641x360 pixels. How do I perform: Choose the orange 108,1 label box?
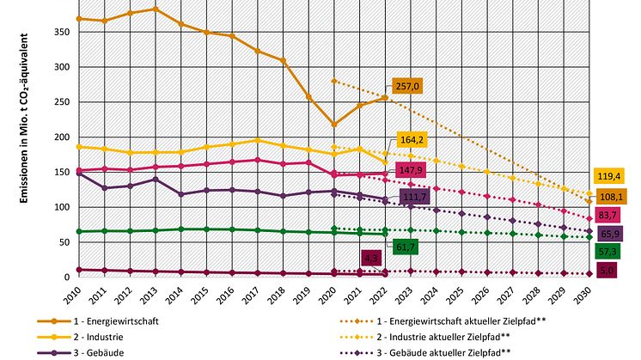[x=611, y=196]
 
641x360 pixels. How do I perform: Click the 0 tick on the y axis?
[x=66, y=278]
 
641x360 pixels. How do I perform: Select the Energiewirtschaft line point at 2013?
[x=156, y=9]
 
